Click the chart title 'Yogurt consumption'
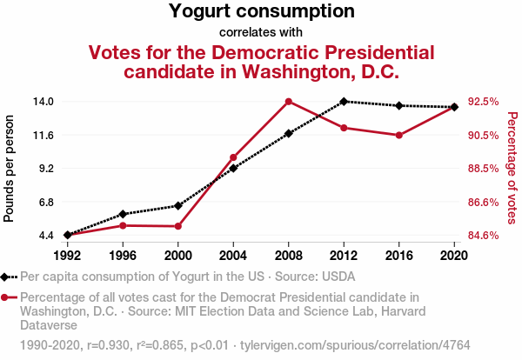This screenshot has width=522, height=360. pos(261,12)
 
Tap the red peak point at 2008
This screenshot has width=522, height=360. pos(289,101)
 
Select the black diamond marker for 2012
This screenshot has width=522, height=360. pos(344,101)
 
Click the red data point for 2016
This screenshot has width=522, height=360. pos(398,135)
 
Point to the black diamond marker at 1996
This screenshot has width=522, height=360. pos(123,214)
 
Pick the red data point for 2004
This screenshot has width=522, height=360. pos(233,157)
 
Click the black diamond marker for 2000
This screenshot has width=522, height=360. pos(178,206)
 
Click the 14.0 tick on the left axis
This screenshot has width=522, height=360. pos(43,101)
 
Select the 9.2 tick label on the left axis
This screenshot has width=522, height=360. pos(45,168)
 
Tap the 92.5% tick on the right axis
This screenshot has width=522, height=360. pos(483,101)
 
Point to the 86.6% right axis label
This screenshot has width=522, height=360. pos(483,202)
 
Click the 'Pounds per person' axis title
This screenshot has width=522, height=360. pos(10,168)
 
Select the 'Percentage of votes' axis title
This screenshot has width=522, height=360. pos(512,168)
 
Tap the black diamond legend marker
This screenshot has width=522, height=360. pos(8,277)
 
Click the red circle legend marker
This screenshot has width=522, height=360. pos(8,297)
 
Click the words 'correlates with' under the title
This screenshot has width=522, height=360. pos(261,33)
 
